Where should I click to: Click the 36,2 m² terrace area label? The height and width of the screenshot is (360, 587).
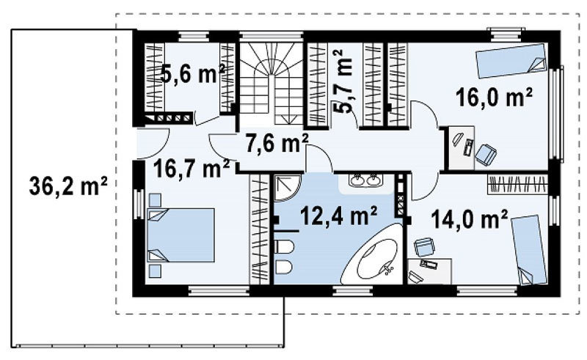68,185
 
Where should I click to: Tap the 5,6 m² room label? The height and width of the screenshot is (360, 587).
193,74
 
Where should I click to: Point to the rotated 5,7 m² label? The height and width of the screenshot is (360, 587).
343,81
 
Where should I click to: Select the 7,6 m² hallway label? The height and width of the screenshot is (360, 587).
277,143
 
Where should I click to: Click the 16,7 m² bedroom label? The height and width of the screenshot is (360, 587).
192,169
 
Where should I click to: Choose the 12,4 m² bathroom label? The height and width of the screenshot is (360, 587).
338,216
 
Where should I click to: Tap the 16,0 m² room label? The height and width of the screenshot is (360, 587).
494,98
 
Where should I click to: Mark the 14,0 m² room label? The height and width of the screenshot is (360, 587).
470,218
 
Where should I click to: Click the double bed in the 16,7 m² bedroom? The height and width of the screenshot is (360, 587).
181,235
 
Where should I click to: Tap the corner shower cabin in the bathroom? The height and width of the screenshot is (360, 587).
287,188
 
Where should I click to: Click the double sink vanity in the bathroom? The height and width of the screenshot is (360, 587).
365,181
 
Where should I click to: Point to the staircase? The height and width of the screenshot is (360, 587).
271,83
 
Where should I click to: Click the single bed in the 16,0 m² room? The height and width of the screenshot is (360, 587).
511,61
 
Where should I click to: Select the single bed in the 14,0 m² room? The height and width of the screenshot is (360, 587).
528,250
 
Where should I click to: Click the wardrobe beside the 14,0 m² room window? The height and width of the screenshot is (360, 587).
518,184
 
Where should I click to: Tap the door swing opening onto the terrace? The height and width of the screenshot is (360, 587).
154,143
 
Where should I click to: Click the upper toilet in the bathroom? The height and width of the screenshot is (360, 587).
284,247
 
